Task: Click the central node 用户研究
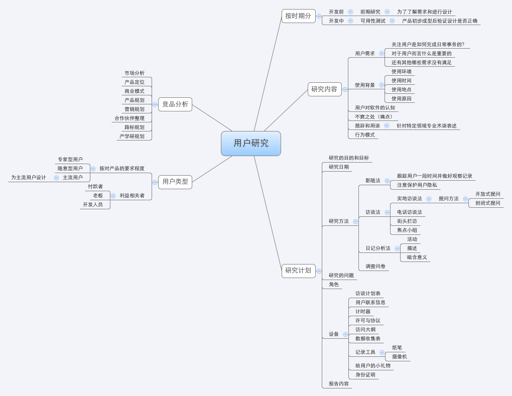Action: point(251,144)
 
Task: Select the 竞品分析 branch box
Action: point(175,104)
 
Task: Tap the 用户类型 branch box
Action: point(175,182)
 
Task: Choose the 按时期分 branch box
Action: point(299,16)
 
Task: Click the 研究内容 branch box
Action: point(325,89)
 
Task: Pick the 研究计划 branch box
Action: point(299,271)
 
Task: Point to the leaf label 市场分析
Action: point(134,73)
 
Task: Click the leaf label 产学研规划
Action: point(132,136)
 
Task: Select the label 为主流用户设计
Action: point(29,178)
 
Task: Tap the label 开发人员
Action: point(93,205)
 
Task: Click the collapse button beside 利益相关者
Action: point(113,196)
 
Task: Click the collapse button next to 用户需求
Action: point(381,54)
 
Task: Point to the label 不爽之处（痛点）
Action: point(374,116)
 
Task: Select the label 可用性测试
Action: point(373,21)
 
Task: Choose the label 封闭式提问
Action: point(488,203)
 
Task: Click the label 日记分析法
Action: point(378,248)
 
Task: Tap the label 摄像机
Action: point(400,357)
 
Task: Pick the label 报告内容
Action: point(339,384)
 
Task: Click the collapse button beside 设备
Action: point(345,334)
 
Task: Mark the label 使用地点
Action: point(402,89)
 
